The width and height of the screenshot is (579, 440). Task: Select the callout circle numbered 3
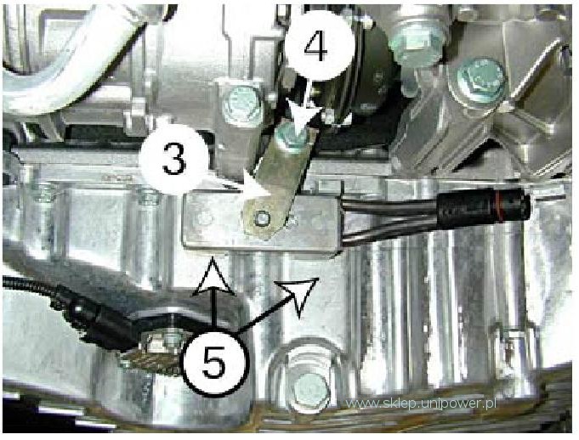click(x=173, y=160)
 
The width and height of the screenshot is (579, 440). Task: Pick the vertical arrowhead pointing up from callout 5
click(x=213, y=278)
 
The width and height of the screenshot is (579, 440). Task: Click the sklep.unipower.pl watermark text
click(x=422, y=403)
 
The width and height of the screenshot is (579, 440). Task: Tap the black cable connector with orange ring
click(x=483, y=206)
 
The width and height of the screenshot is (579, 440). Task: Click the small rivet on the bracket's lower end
click(x=261, y=218)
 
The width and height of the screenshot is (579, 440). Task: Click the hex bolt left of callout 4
click(x=241, y=102)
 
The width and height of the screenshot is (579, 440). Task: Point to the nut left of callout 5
click(x=162, y=342)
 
